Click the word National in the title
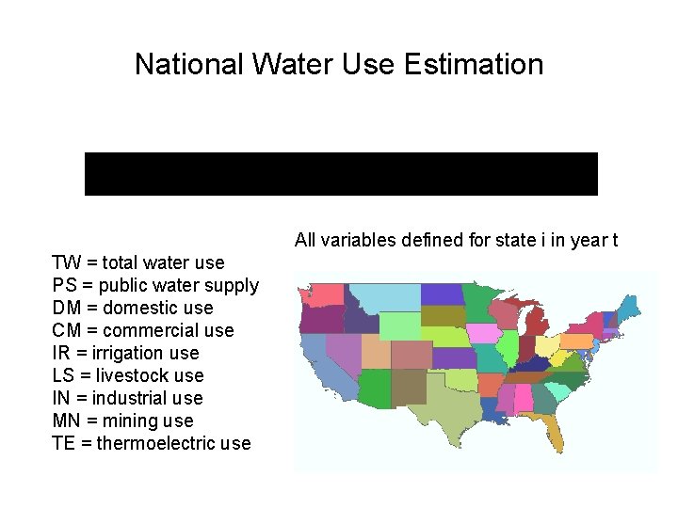(186, 64)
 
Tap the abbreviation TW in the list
(66, 262)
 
